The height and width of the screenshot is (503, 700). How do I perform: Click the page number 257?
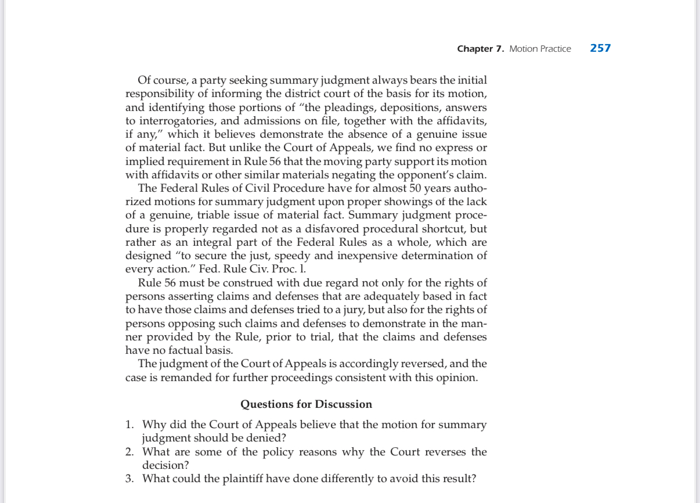600,48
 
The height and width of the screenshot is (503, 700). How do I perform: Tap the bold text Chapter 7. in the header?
481,49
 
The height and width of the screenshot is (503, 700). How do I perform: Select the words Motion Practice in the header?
540,49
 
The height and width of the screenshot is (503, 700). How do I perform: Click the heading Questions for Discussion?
306,404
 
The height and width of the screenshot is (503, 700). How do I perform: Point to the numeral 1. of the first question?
130,425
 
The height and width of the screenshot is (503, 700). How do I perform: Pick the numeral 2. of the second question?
130,452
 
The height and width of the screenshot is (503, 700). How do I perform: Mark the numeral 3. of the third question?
130,479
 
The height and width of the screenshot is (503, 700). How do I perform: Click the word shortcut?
447,228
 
